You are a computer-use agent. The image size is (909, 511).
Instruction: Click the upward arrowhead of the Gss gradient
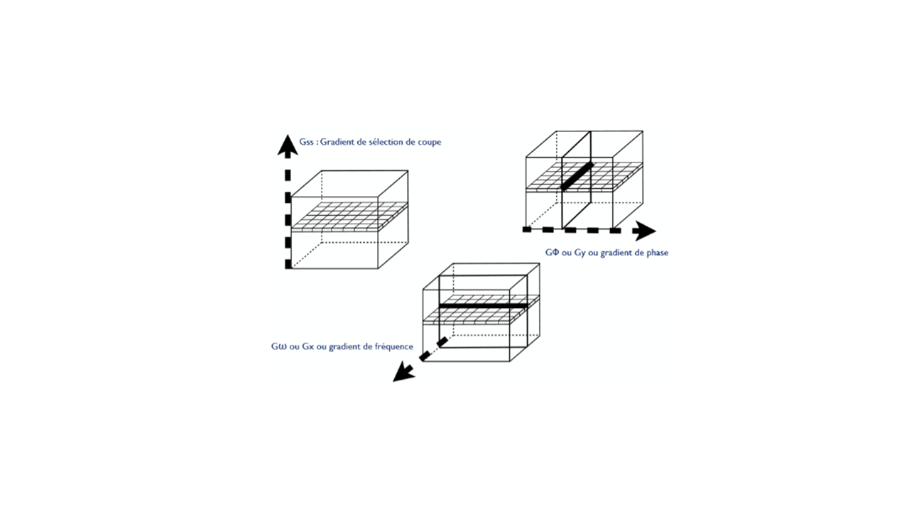pos(288,146)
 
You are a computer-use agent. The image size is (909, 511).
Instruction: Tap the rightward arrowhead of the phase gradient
pos(644,231)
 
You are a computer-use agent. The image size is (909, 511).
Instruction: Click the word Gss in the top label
pos(306,142)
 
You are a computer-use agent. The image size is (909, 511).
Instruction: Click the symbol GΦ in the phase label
pos(553,253)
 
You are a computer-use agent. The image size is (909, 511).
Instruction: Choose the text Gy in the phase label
pos(580,253)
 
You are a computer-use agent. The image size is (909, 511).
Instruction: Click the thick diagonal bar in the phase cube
pos(577,176)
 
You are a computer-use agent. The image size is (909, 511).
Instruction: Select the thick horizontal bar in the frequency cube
pos(484,305)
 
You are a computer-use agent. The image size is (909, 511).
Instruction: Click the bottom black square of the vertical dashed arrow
pos(288,264)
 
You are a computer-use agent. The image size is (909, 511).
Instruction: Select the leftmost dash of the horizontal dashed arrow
pos(527,229)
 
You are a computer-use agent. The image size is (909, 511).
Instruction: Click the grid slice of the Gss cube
pos(350,217)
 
